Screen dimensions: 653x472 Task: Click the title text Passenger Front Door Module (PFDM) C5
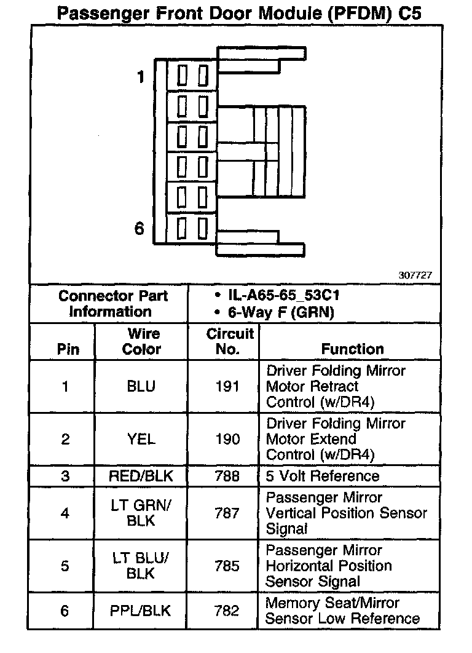[239, 13]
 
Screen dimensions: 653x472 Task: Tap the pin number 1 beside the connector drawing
[141, 77]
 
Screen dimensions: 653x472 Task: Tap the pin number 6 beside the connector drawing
[140, 229]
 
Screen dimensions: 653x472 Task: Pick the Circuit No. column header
[230, 341]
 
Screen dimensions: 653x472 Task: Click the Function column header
[352, 349]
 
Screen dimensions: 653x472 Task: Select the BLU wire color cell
[141, 387]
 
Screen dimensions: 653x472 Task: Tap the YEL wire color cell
[141, 440]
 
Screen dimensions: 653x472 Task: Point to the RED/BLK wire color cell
[141, 476]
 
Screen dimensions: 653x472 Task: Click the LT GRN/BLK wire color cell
[141, 513]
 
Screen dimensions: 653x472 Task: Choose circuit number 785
[227, 566]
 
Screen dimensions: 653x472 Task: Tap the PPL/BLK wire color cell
[141, 611]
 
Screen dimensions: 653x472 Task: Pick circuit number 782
[227, 611]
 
